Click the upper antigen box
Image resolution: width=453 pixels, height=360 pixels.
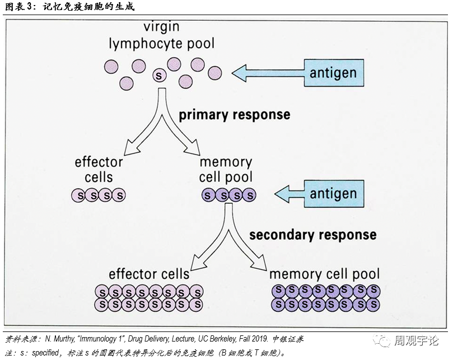[334, 73]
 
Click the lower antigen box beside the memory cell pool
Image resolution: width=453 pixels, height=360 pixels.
[334, 194]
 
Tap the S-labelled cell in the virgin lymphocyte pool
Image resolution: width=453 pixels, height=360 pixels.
[160, 76]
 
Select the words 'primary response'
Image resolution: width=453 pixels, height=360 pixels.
[234, 115]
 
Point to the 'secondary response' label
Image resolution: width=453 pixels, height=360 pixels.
[313, 235]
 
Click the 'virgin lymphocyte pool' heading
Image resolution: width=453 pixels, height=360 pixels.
[162, 36]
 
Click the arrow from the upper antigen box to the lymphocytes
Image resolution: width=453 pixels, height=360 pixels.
[268, 73]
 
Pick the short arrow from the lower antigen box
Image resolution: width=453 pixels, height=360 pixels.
[289, 194]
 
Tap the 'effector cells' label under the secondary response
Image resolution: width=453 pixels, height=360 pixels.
[149, 274]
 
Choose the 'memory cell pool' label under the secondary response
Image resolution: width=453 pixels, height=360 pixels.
[324, 274]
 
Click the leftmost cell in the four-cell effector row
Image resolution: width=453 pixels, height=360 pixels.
[78, 195]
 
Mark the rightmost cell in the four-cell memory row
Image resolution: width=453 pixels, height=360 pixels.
[249, 195]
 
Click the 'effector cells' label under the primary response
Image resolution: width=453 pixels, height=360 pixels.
[99, 170]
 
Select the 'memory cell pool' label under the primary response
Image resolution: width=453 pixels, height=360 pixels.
[226, 170]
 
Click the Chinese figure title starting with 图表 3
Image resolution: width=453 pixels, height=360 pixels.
[70, 7]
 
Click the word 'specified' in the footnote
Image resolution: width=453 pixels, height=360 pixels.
[45, 353]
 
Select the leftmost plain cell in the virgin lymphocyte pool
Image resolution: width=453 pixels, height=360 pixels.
[111, 67]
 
